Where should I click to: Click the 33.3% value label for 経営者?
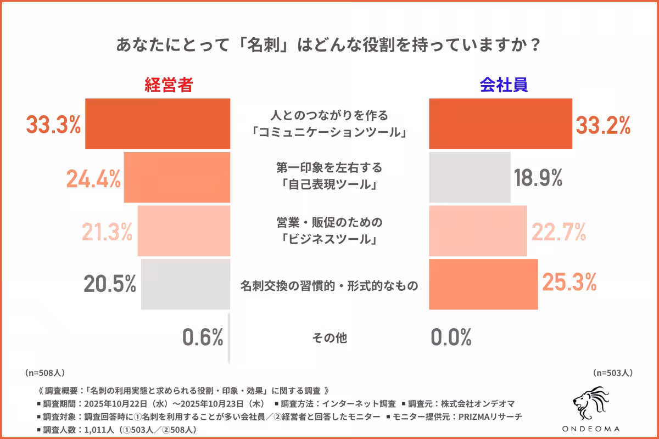(54, 125)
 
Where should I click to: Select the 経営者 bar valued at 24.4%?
(177, 178)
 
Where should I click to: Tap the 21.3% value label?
(107, 232)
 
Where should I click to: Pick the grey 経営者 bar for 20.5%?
(185, 285)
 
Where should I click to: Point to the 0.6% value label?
(203, 337)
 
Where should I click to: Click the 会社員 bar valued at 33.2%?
(500, 124)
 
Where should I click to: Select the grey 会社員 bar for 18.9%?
(469, 177)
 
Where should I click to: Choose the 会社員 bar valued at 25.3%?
(483, 284)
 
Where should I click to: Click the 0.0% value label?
(451, 337)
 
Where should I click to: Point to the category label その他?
(329, 338)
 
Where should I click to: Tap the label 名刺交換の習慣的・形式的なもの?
(329, 285)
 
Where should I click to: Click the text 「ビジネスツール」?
(329, 240)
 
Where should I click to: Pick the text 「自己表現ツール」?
(329, 186)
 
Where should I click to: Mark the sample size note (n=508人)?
(45, 373)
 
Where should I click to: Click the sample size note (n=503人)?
(613, 373)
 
